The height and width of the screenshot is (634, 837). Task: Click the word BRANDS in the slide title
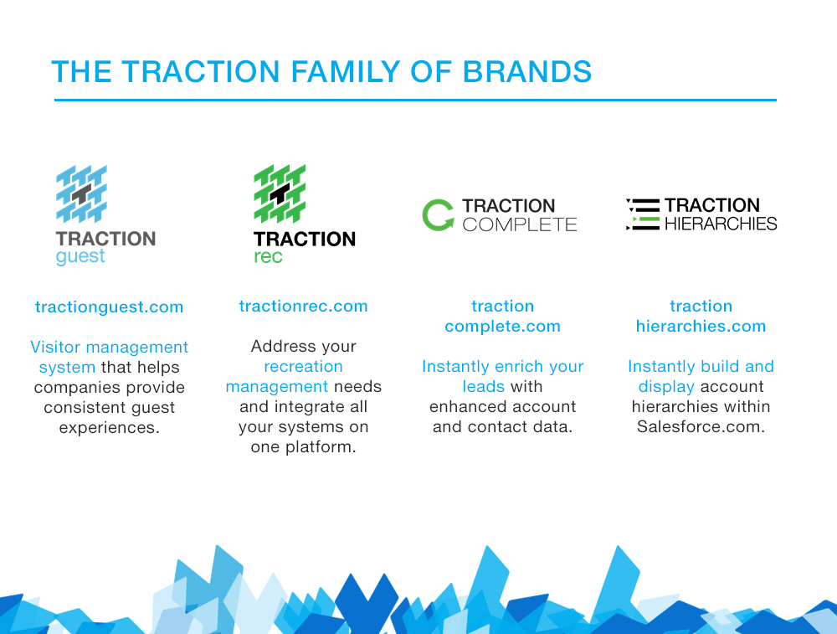pos(527,72)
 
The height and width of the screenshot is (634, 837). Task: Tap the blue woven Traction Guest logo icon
pos(81,194)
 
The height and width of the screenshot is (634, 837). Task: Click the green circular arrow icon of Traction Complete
pos(438,215)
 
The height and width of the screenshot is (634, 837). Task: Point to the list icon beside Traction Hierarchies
pos(642,214)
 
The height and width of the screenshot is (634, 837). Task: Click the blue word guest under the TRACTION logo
pos(80,257)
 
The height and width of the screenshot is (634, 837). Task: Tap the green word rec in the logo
pos(268,257)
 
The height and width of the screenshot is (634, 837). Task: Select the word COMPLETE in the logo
pos(520,224)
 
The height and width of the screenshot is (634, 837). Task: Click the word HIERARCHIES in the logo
pos(721,224)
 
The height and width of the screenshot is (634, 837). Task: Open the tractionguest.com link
pos(109,307)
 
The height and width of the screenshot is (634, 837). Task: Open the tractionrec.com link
pos(303,306)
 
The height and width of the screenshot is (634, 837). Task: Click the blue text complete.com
pos(502,327)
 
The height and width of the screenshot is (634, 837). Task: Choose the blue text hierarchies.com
pos(701,327)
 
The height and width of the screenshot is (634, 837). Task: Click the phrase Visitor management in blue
pos(109,347)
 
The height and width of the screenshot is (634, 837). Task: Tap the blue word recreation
pos(303,367)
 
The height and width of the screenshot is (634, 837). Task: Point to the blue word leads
pos(484,387)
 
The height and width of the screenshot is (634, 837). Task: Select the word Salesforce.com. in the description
pos(701,426)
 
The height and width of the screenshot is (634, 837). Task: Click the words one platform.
pos(303,447)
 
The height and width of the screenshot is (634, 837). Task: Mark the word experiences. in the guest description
pos(109,428)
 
